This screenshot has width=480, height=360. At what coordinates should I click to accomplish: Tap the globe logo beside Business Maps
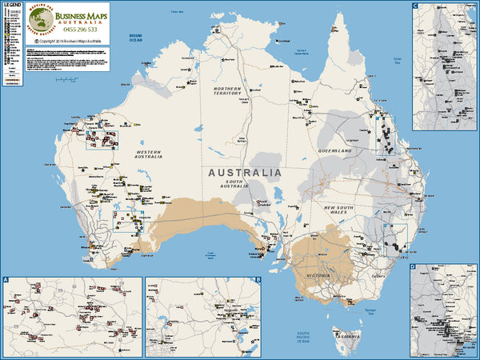pos(42,20)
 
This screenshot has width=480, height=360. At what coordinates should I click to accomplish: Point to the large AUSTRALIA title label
pos(245,172)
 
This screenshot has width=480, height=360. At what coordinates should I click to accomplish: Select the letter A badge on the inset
pos(6,281)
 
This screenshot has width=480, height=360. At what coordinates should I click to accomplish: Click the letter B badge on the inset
pos(258,281)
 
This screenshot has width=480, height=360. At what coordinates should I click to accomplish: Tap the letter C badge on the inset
pos(416,6)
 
